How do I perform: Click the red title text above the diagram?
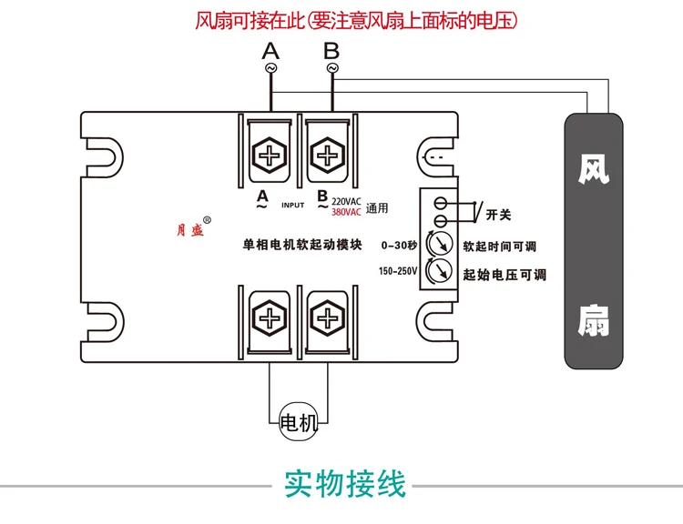click(356, 21)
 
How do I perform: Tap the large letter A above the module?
click(270, 51)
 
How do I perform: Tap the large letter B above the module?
click(331, 51)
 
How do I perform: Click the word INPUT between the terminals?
click(292, 205)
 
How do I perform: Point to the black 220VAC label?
click(346, 202)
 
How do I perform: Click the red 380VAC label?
click(346, 212)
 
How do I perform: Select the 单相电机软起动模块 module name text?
click(302, 245)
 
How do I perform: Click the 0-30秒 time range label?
click(399, 246)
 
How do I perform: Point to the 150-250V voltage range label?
click(398, 271)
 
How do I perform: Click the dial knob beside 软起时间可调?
click(440, 243)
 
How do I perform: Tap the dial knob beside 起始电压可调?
click(440, 270)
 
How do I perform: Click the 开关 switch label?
click(498, 215)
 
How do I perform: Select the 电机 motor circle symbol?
click(299, 421)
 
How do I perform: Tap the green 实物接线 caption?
click(344, 484)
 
